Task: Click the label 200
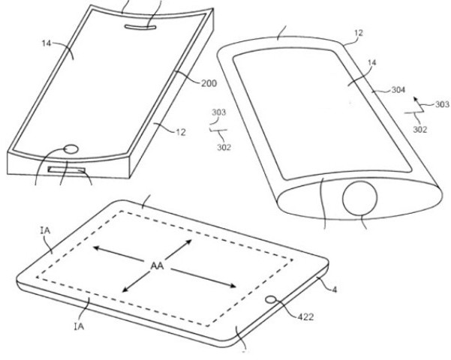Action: click(x=209, y=83)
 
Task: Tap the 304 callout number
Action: click(x=398, y=90)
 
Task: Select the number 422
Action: click(x=305, y=317)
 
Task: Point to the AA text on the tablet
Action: click(x=157, y=265)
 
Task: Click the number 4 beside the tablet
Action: click(x=334, y=289)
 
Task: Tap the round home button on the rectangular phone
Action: click(x=71, y=149)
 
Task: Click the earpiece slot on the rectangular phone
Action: click(x=140, y=27)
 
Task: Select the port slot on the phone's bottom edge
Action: click(x=67, y=170)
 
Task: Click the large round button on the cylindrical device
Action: click(x=359, y=198)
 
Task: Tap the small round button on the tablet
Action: click(x=271, y=299)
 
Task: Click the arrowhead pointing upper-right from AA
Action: click(x=188, y=241)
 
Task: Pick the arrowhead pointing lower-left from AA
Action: click(x=125, y=289)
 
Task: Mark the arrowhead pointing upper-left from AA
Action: click(x=96, y=247)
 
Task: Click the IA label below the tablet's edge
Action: click(x=79, y=326)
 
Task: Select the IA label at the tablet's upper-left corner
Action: click(x=46, y=230)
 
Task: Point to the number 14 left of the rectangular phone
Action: click(x=47, y=43)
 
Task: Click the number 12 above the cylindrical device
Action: click(x=358, y=33)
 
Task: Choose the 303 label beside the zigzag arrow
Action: click(x=442, y=103)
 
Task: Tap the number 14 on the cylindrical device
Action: click(x=371, y=62)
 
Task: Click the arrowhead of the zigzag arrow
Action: click(x=416, y=100)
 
